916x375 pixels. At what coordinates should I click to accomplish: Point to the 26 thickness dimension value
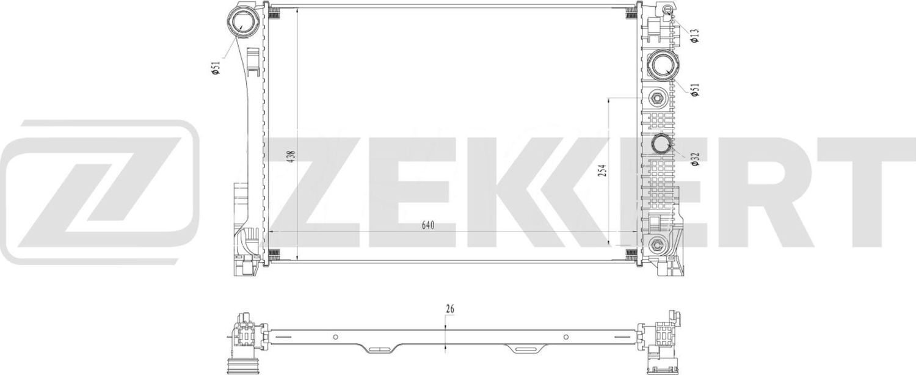(x=450, y=308)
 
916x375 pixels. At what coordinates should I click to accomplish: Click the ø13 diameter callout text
(x=694, y=35)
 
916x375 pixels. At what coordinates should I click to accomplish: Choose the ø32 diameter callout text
(x=694, y=157)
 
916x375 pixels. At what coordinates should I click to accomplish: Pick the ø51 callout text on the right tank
(x=694, y=89)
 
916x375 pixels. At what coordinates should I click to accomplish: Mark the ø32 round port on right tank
(x=661, y=145)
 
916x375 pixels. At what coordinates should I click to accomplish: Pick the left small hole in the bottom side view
(x=335, y=337)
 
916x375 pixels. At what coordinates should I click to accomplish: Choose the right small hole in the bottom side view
(x=566, y=337)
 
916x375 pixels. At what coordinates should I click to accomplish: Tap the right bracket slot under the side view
(x=524, y=350)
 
